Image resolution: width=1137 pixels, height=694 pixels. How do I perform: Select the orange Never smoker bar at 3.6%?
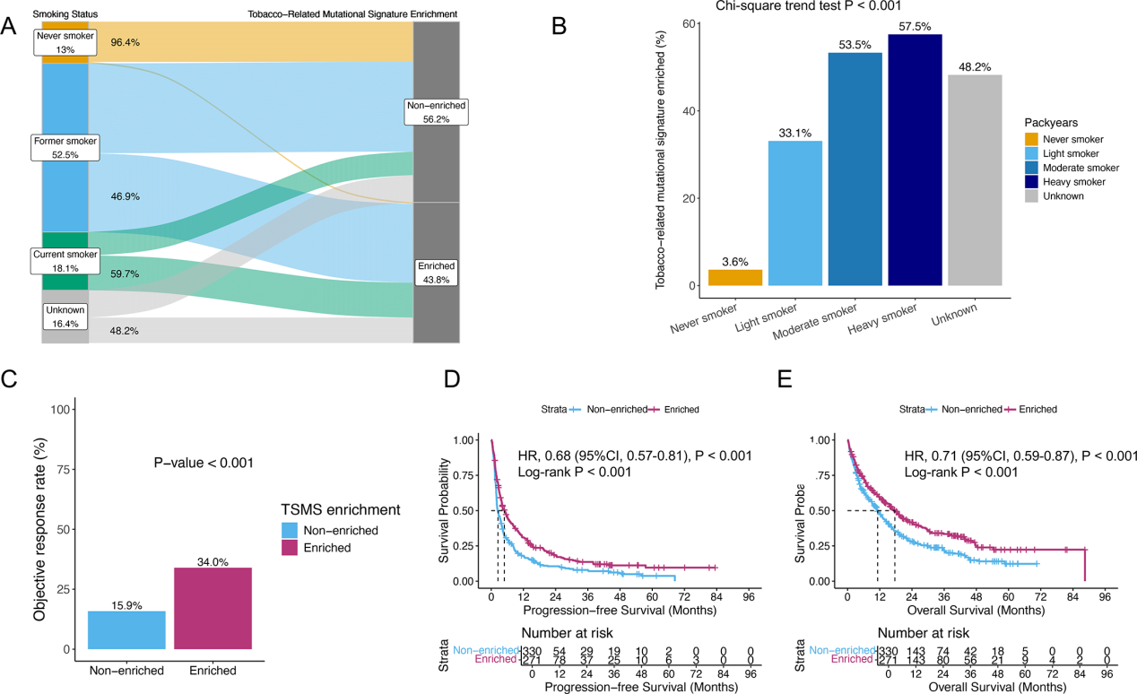point(734,278)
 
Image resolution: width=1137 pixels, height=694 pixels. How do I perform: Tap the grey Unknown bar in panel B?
point(975,179)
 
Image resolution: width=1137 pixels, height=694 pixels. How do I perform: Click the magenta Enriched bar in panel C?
point(213,608)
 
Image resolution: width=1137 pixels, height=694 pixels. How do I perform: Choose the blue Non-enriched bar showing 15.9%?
point(126,629)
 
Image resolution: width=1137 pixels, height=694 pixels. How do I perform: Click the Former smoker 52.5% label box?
point(65,147)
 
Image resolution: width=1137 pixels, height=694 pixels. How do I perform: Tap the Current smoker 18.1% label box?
point(65,261)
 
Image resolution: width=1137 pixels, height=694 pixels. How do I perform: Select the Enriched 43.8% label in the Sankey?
point(436,273)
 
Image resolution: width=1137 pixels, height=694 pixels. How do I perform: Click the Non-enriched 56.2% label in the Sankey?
point(436,112)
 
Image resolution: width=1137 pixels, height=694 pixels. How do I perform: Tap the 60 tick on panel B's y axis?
point(692,23)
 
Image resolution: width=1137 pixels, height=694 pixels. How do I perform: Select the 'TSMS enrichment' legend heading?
point(341,509)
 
